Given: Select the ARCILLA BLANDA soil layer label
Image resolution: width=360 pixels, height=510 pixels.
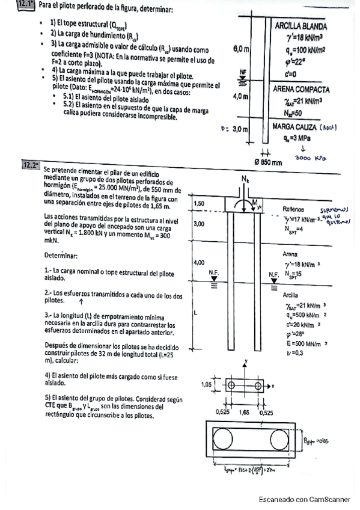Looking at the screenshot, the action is pyautogui.click(x=301, y=26).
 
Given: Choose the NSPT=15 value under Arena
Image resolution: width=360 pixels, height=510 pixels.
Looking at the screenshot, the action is pyautogui.click(x=301, y=274).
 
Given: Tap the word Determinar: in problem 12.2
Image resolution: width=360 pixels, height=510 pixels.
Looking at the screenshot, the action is pyautogui.click(x=62, y=255).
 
